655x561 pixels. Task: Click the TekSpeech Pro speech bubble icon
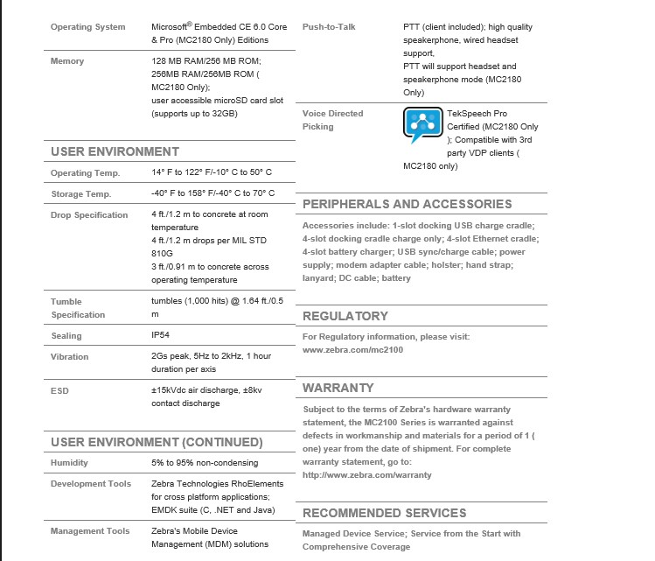pos(422,126)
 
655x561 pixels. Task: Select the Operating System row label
pos(87,27)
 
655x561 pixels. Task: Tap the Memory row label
pos(67,61)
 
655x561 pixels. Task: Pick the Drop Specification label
pos(89,215)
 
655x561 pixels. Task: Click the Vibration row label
pos(70,357)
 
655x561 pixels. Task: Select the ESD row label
pos(59,391)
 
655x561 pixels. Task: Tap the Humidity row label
pos(69,463)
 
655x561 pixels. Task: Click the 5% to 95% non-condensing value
pos(205,463)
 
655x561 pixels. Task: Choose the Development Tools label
pos(91,484)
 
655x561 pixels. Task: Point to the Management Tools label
pos(90,531)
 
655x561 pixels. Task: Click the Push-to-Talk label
pos(329,27)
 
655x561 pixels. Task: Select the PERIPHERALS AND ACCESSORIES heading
pos(407,204)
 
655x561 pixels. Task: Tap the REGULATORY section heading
pos(345,316)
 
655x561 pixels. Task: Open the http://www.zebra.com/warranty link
pos(366,474)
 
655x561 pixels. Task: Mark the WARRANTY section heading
pos(338,388)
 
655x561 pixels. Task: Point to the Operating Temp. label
pos(85,173)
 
